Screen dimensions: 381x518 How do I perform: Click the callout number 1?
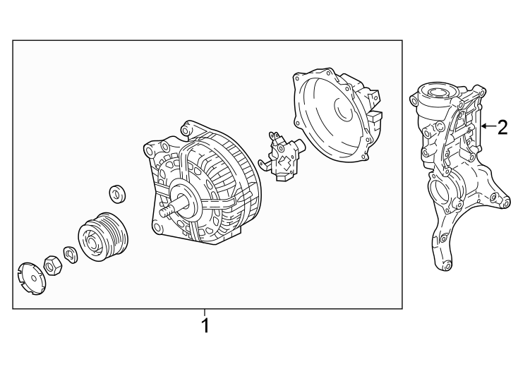[x=205, y=326]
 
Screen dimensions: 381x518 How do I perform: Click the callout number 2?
[x=502, y=127]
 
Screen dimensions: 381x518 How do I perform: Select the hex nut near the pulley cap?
[x=52, y=265]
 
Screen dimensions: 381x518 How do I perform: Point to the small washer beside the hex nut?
[x=71, y=252]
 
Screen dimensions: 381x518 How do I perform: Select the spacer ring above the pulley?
[x=116, y=193]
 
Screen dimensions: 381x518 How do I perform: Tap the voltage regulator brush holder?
[x=283, y=157]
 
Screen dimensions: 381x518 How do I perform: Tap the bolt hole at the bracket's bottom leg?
[x=444, y=266]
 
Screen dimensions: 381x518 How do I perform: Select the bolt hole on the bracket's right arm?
[x=505, y=205]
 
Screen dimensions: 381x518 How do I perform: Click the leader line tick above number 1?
[x=205, y=313]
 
